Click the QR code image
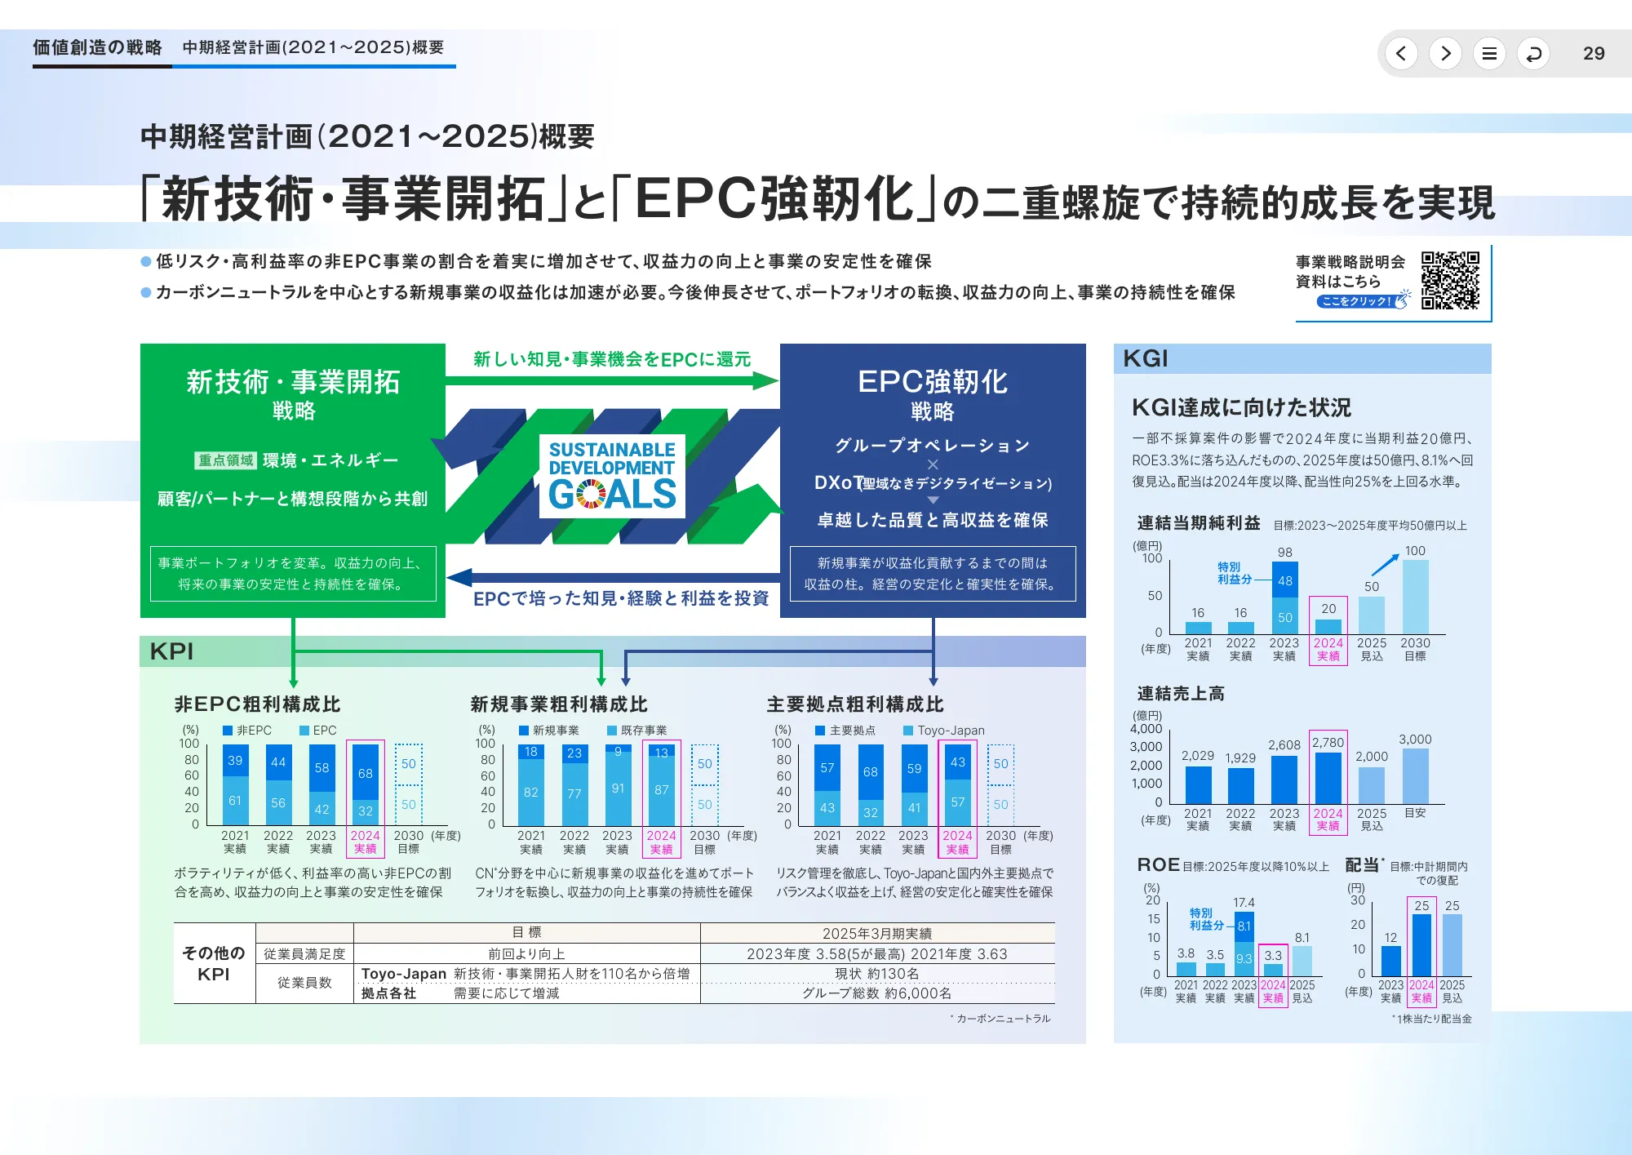pyautogui.click(x=1450, y=280)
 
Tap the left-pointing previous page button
pyautogui.click(x=1401, y=54)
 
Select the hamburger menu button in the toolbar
pyautogui.click(x=1489, y=54)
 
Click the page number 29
pyautogui.click(x=1593, y=54)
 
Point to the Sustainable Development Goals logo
pyautogui.click(x=612, y=475)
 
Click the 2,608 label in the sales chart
pyautogui.click(x=1284, y=745)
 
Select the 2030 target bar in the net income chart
pyautogui.click(x=1415, y=597)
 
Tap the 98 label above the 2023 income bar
pyautogui.click(x=1285, y=553)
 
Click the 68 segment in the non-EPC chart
pyautogui.click(x=365, y=772)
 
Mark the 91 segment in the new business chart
pyautogui.click(x=618, y=789)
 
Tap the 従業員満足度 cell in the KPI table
pyautogui.click(x=304, y=954)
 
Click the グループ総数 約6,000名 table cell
pyautogui.click(x=877, y=993)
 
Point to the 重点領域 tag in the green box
pyautogui.click(x=226, y=460)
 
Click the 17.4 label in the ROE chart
pyautogui.click(x=1244, y=903)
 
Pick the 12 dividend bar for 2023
pyautogui.click(x=1390, y=961)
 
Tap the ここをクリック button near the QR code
pyautogui.click(x=1356, y=301)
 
